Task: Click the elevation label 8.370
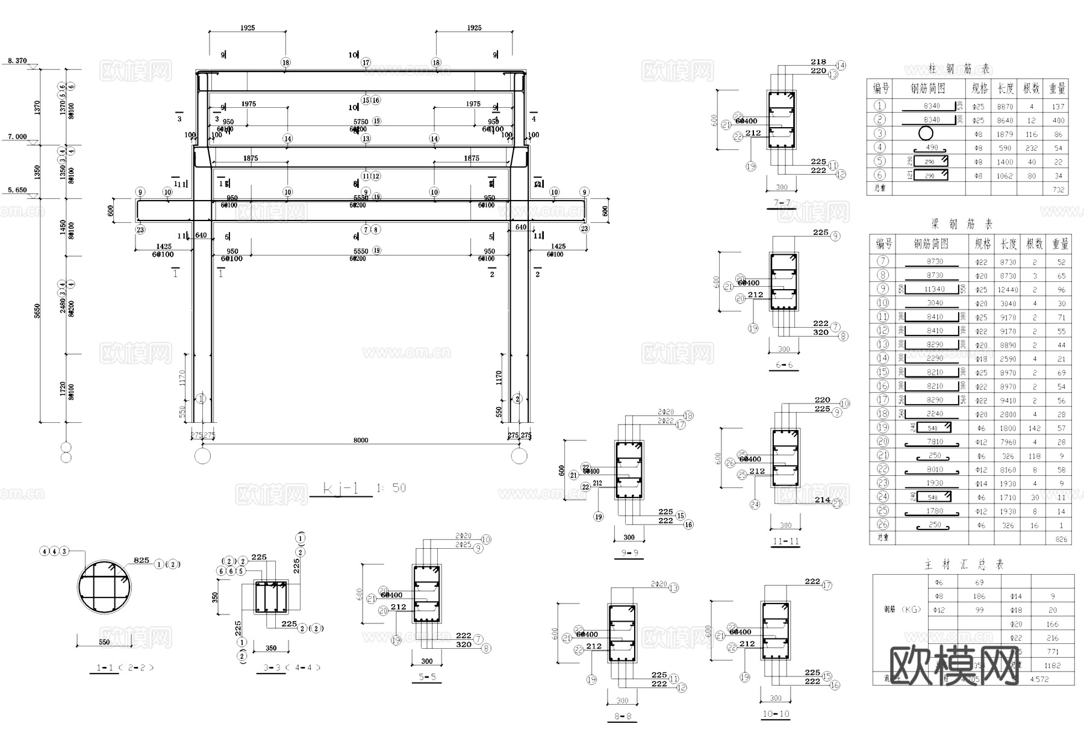click(17, 61)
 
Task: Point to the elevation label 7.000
click(17, 137)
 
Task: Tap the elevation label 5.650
click(17, 190)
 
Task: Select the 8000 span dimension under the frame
click(361, 440)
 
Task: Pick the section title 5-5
click(426, 677)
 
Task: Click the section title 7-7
click(782, 202)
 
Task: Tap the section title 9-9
click(629, 552)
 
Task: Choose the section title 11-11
click(785, 541)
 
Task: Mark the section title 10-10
click(775, 714)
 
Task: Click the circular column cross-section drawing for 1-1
click(104, 587)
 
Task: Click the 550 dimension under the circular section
click(104, 642)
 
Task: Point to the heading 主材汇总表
click(964, 564)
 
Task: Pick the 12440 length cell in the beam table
click(1008, 290)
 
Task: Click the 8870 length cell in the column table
click(1005, 107)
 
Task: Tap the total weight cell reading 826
click(1061, 540)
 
